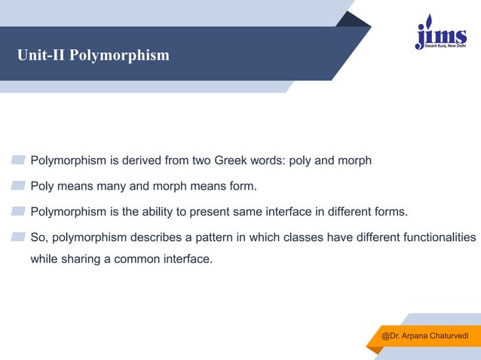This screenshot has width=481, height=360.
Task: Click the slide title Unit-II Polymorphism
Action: pyautogui.click(x=94, y=56)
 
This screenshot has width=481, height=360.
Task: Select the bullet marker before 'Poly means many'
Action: pyautogui.click(x=18, y=185)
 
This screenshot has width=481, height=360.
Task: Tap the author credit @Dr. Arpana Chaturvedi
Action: pyautogui.click(x=425, y=334)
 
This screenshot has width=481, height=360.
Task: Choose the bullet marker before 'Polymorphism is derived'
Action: pyautogui.click(x=18, y=160)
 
